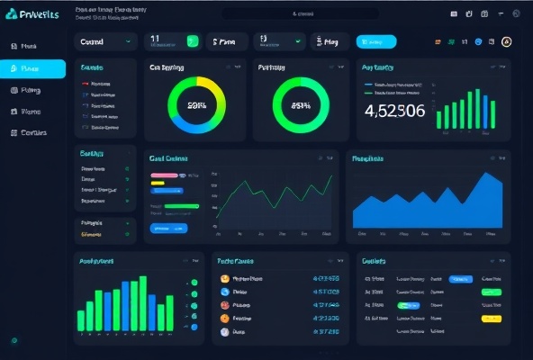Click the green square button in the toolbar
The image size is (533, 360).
(192, 40)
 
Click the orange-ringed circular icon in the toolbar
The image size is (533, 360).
(506, 41)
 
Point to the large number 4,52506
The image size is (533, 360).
(394, 111)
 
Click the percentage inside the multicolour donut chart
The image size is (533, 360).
(197, 104)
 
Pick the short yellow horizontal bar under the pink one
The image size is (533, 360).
(157, 183)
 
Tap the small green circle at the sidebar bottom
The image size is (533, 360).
(14, 340)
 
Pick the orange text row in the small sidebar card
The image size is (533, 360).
(92, 234)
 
